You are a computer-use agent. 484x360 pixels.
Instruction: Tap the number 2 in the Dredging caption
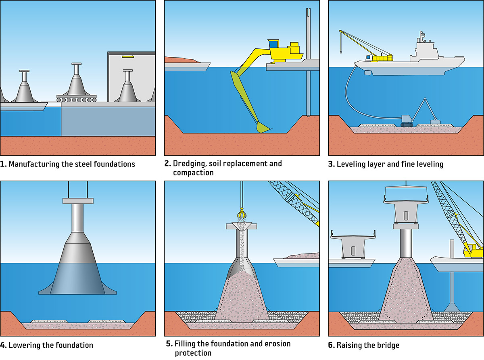click(167, 164)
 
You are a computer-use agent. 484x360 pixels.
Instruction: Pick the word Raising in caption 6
click(349, 345)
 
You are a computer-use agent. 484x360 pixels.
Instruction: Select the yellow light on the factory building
click(128, 56)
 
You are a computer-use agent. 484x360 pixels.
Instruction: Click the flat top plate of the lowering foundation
click(78, 200)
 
